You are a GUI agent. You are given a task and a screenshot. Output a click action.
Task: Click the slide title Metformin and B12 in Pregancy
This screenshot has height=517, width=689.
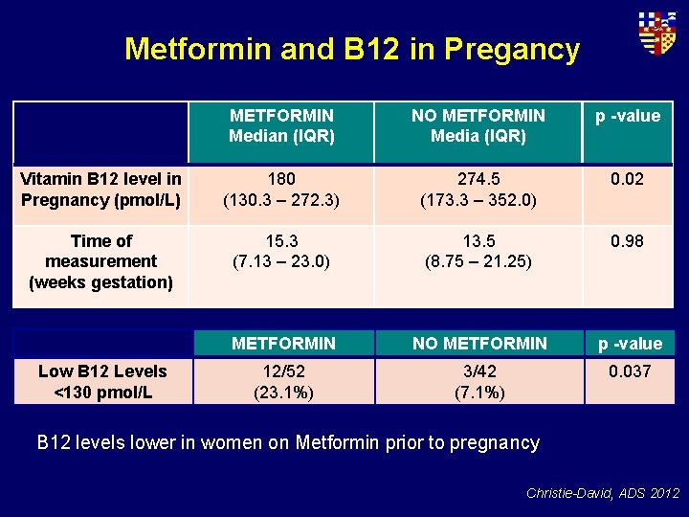[351, 49]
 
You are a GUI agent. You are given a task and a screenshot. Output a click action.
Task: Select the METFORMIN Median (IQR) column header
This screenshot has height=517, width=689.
[281, 125]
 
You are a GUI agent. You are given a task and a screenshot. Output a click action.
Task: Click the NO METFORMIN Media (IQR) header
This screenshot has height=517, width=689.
[478, 125]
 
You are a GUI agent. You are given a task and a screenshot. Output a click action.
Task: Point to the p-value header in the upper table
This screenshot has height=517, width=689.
[628, 116]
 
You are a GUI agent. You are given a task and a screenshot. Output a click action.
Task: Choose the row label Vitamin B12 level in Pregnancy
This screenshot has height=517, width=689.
[100, 190]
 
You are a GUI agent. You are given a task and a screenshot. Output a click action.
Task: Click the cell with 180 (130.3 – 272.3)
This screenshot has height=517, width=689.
[281, 190]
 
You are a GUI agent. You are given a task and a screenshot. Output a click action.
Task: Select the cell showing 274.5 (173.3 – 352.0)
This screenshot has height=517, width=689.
[478, 190]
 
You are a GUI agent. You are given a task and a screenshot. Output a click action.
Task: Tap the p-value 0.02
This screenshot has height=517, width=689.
[628, 180]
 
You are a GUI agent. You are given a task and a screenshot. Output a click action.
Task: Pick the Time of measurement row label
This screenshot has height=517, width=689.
[100, 261]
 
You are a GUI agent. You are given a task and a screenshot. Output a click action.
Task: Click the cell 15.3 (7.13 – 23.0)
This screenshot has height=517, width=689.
[281, 251]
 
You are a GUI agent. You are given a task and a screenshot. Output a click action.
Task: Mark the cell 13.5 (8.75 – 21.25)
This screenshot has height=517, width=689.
[478, 251]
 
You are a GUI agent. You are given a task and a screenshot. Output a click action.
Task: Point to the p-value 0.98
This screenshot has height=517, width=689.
[628, 241]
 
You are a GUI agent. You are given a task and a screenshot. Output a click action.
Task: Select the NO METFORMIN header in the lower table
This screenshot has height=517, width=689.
[478, 343]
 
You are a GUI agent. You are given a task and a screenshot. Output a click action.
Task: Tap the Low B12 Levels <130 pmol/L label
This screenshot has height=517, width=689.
[102, 381]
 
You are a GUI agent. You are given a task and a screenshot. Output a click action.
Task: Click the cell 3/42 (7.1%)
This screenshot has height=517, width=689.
[478, 381]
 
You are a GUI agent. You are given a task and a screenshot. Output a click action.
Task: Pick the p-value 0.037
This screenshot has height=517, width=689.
[630, 371]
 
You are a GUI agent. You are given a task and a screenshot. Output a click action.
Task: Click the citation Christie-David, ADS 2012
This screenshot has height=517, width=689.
[602, 493]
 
